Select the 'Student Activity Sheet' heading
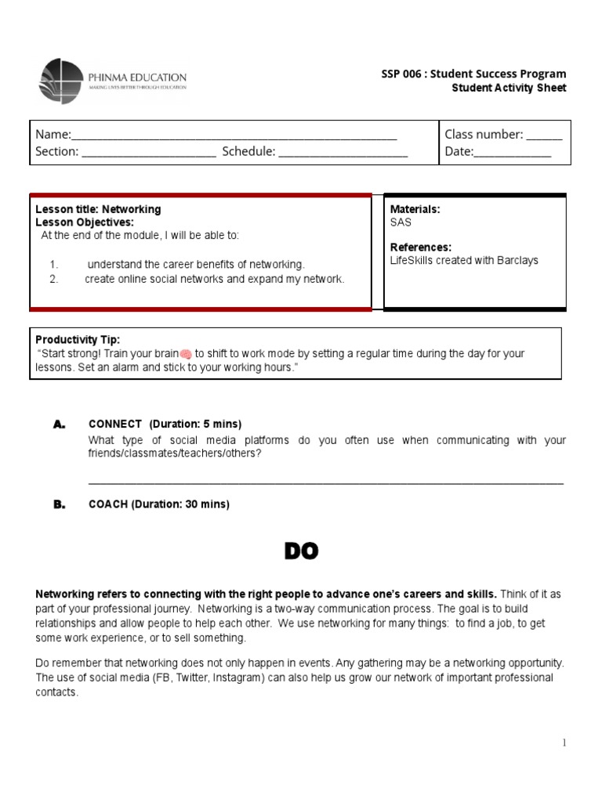click(509, 88)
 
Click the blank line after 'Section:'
click(148, 154)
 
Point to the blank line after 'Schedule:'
click(343, 154)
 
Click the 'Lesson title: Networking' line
click(98, 209)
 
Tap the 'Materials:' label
click(415, 209)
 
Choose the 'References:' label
click(420, 247)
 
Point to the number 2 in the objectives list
click(53, 279)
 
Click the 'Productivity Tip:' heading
click(78, 339)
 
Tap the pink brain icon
click(186, 354)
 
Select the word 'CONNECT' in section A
click(115, 424)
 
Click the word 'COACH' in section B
click(108, 504)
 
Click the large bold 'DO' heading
click(301, 551)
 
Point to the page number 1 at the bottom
click(564, 743)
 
